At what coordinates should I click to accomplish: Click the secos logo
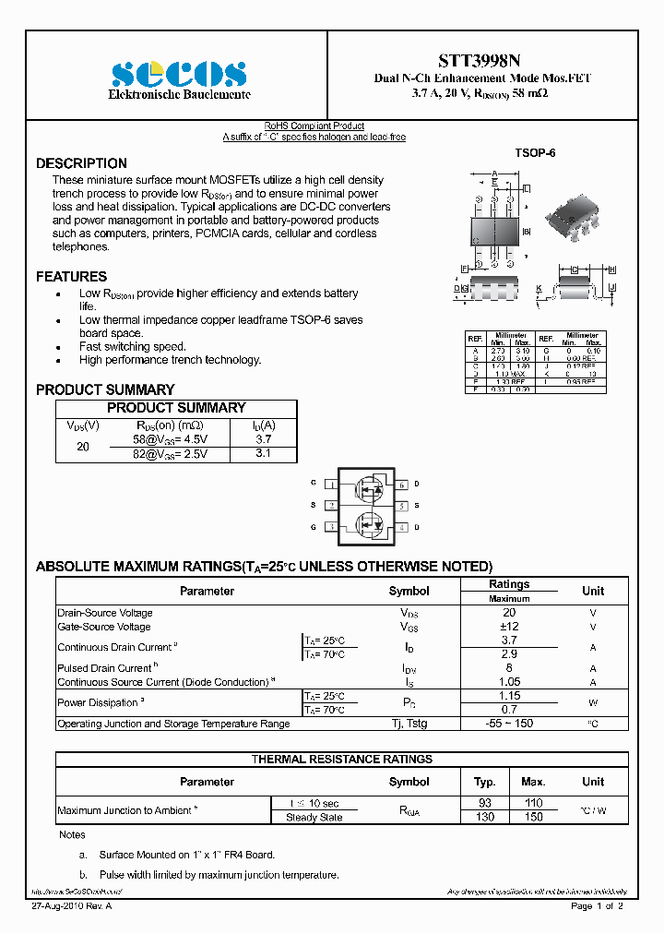pyautogui.click(x=179, y=74)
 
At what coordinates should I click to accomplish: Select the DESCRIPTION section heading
pyautogui.click(x=81, y=163)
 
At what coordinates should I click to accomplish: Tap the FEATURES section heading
pyautogui.click(x=71, y=276)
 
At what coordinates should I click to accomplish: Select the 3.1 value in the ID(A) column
pyautogui.click(x=263, y=454)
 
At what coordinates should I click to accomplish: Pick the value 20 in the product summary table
pyautogui.click(x=83, y=447)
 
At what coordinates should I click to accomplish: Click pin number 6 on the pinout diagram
pyautogui.click(x=402, y=484)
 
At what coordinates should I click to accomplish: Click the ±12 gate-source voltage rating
pyautogui.click(x=508, y=627)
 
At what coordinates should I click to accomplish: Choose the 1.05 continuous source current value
pyautogui.click(x=508, y=682)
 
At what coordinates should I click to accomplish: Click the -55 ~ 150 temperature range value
pyautogui.click(x=508, y=724)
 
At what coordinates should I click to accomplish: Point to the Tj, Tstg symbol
pyautogui.click(x=409, y=724)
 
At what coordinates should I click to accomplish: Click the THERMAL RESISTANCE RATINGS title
pyautogui.click(x=342, y=759)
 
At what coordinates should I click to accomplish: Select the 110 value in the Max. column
pyautogui.click(x=533, y=803)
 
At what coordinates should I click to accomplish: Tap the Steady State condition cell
pyautogui.click(x=314, y=818)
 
